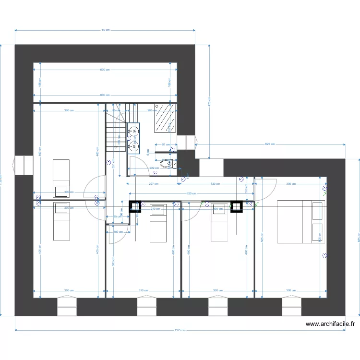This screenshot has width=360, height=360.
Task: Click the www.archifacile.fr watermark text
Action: tap(330, 324)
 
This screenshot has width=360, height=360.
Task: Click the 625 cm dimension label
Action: tap(270, 144)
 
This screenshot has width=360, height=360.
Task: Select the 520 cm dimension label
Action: tap(191, 193)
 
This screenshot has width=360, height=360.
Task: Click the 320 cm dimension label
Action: tap(216, 183)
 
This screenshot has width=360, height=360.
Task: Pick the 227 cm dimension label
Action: tap(153, 183)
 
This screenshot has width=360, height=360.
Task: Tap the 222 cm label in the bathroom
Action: tap(155, 168)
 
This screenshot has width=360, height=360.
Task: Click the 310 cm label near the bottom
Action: tap(143, 290)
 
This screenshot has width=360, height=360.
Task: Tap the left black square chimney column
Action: tap(135, 206)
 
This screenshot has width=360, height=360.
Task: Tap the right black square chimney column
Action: tap(236, 206)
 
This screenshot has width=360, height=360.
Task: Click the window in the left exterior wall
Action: tap(21, 165)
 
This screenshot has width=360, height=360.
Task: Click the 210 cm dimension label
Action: tap(155, 209)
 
